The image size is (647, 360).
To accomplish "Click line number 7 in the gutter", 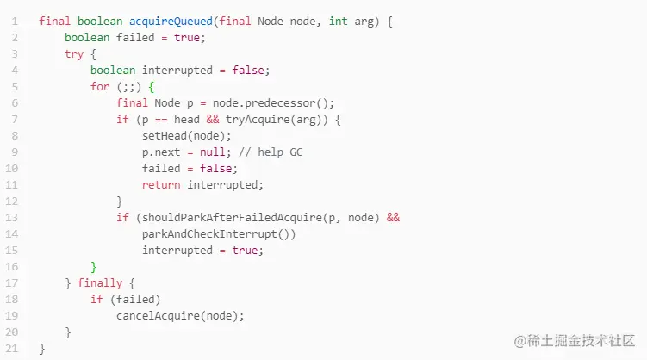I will [15, 119].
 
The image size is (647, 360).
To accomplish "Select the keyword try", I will [74, 53].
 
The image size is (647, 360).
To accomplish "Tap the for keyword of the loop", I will [100, 86].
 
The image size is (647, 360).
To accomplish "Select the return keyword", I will [161, 184].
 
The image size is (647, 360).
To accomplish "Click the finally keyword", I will [100, 282].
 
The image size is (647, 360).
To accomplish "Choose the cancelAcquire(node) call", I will [180, 315].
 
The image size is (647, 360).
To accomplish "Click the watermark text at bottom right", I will [574, 341].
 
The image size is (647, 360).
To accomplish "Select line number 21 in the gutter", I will [15, 348].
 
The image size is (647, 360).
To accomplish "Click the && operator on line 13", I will [393, 217].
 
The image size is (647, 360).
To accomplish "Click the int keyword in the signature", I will [339, 21].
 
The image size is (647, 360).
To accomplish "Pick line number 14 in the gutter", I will [15, 233].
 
